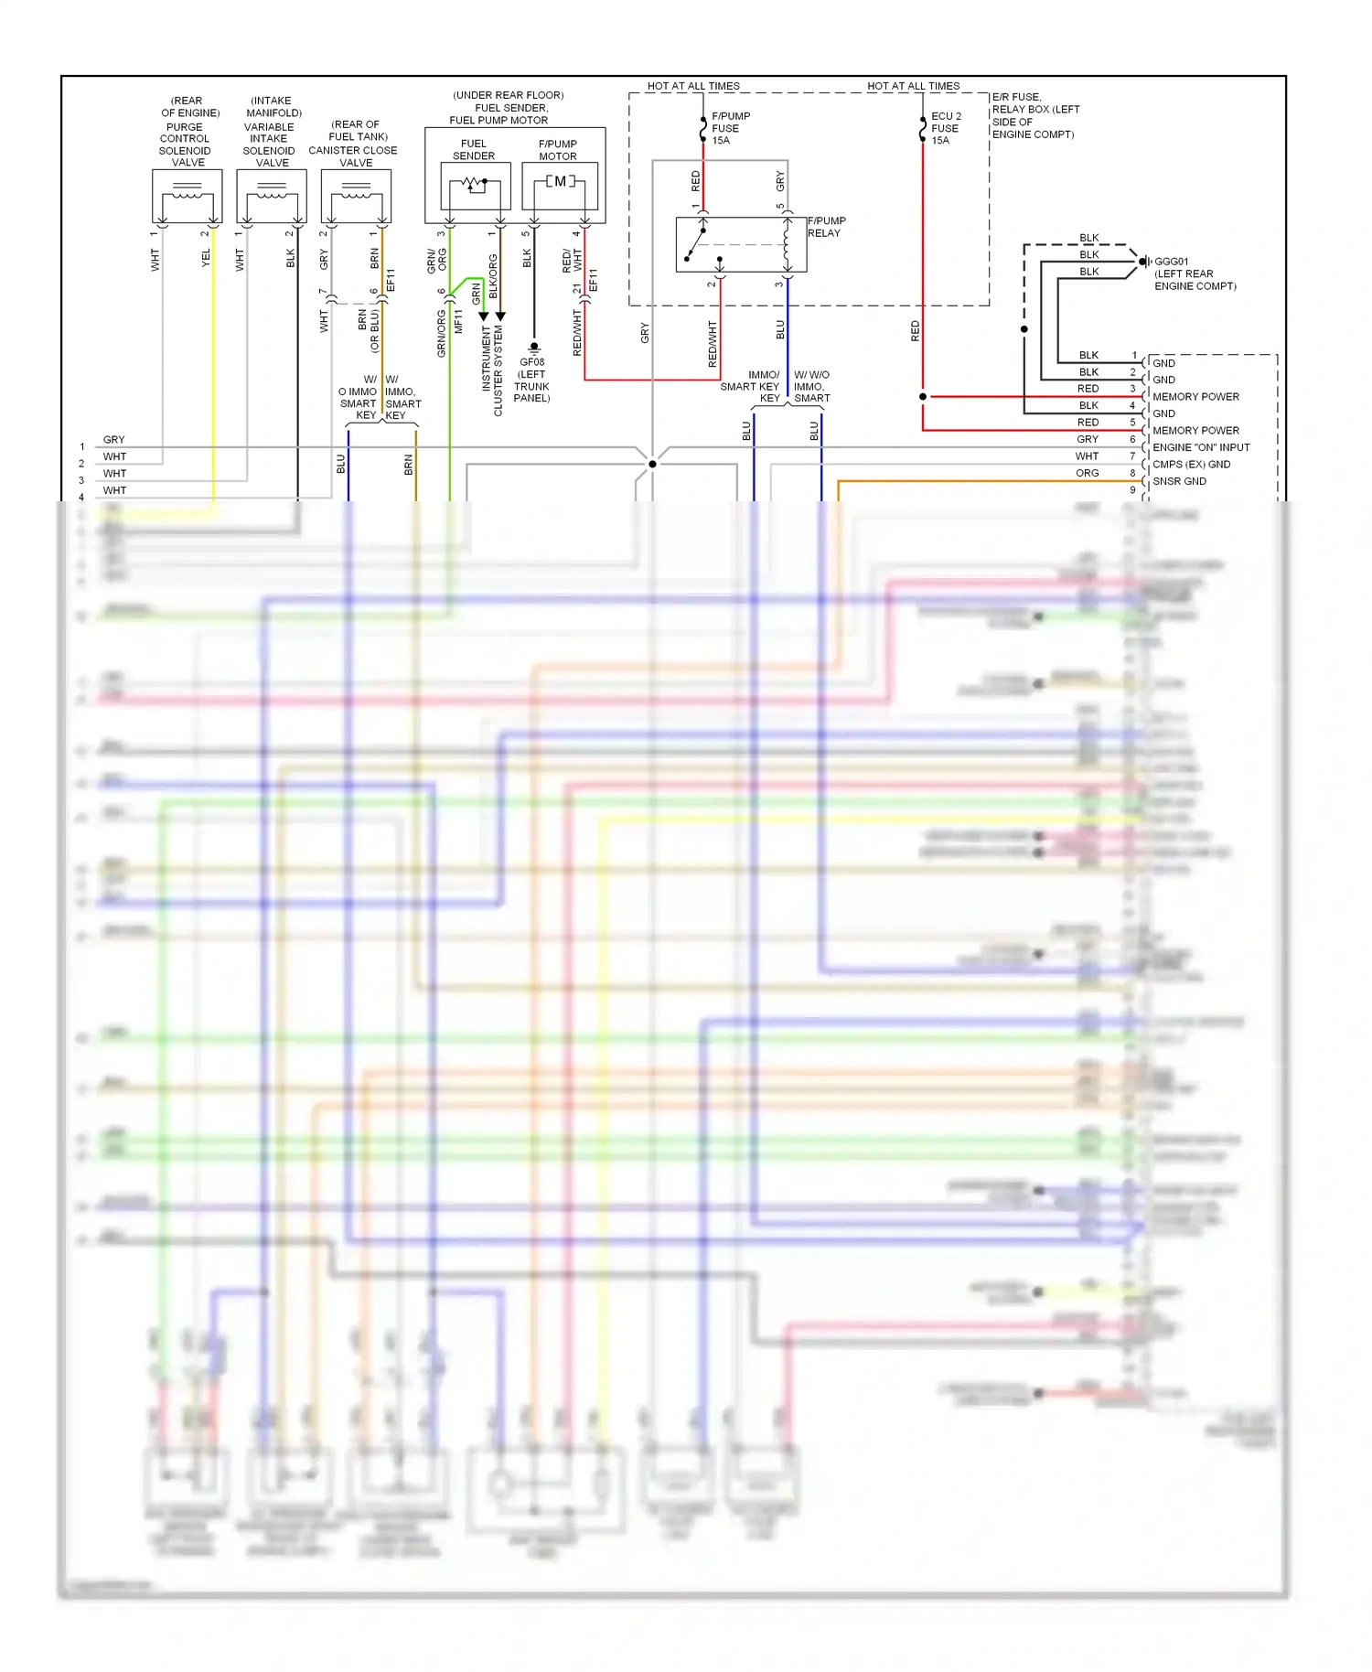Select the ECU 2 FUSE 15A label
tap(946, 128)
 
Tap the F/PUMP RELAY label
tap(826, 227)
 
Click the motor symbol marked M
tap(560, 182)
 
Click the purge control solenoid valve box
tap(188, 196)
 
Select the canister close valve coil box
tap(356, 196)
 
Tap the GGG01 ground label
tap(1194, 273)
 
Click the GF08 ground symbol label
tap(531, 380)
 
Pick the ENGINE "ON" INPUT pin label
tap(1200, 447)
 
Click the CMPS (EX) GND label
tap(1191, 465)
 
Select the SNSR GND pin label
tap(1179, 481)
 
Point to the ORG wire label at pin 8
tap(1087, 473)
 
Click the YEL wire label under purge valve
tap(206, 258)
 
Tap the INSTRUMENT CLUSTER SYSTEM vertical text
tap(492, 366)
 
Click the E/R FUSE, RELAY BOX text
tap(1034, 115)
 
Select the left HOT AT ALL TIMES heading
tap(693, 86)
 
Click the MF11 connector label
tap(458, 320)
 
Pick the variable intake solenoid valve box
tap(272, 196)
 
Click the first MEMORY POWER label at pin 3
tap(1195, 397)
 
